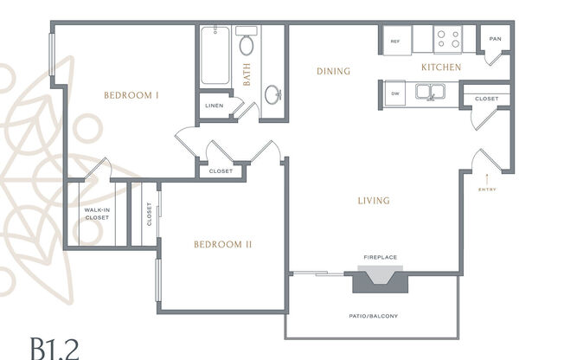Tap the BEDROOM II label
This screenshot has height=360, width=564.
click(x=222, y=244)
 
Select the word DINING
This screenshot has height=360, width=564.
click(x=333, y=72)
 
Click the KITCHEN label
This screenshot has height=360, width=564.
click(x=440, y=67)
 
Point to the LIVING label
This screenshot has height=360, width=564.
click(x=374, y=201)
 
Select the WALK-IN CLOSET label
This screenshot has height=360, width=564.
click(x=97, y=214)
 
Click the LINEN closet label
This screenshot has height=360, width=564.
click(x=214, y=106)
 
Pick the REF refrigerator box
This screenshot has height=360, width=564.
click(x=394, y=41)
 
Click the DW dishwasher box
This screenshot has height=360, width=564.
click(x=394, y=93)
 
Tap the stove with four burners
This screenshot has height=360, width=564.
click(x=448, y=39)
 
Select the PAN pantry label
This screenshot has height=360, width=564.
click(x=495, y=39)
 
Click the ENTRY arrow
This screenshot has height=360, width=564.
click(x=485, y=178)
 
